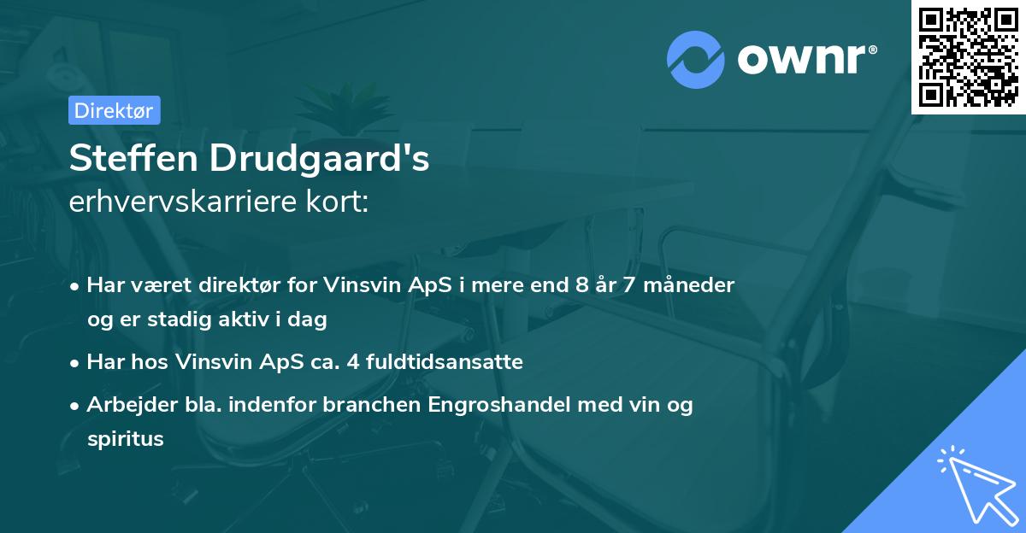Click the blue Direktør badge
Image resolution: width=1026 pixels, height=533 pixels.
[x=114, y=110]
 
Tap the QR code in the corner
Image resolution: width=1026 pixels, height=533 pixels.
[x=968, y=56]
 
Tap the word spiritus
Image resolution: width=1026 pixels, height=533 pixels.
[x=125, y=439]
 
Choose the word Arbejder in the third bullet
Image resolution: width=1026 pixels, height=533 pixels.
[x=127, y=405]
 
